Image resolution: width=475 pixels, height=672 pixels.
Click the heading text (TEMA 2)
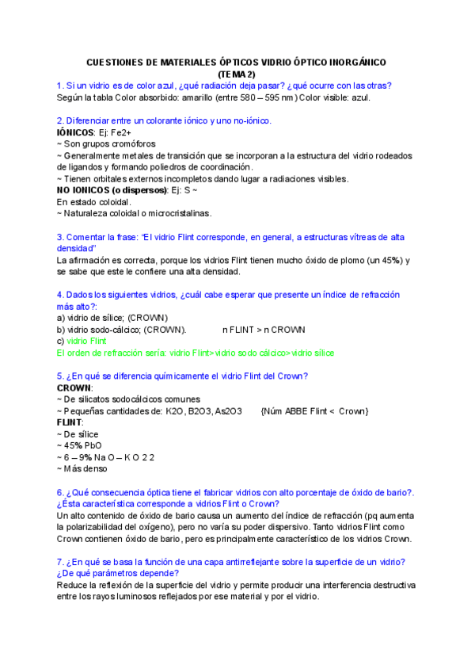pos(237,74)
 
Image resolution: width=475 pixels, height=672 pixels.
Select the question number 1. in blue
pos(60,86)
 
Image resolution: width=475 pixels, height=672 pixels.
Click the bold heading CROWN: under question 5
pos(75,388)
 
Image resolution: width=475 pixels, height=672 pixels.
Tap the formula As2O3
pos(229,411)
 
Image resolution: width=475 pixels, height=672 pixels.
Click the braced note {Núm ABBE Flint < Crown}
pos(314,411)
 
